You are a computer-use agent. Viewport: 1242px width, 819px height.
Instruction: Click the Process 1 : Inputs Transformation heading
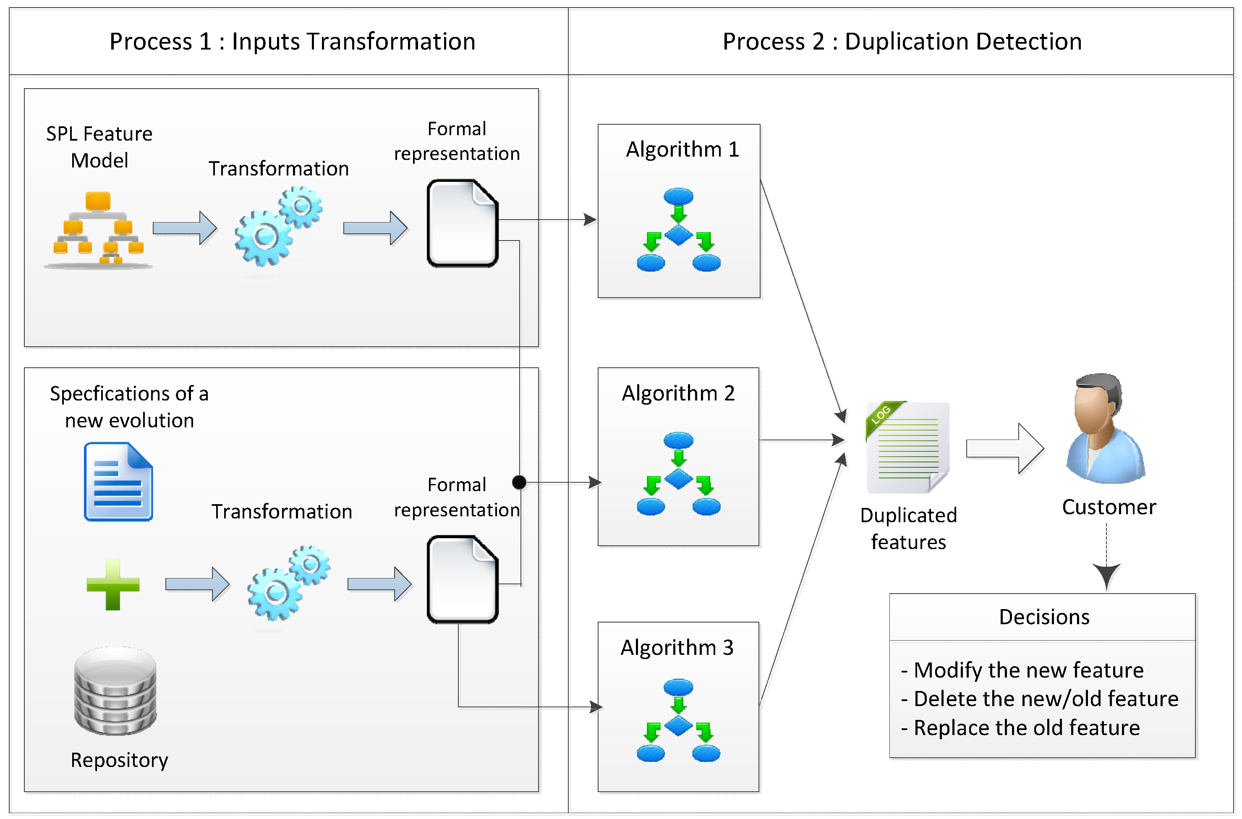tap(292, 41)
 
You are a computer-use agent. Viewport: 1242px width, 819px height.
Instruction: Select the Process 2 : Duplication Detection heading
tap(902, 41)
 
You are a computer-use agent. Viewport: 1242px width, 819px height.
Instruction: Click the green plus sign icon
tap(113, 584)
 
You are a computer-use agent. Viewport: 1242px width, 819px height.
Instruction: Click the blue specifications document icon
tap(118, 481)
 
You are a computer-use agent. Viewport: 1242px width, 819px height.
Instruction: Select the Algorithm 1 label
tap(682, 149)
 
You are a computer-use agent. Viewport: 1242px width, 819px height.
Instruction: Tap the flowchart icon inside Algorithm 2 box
tap(678, 473)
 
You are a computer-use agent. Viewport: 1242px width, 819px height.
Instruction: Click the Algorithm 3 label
tap(677, 647)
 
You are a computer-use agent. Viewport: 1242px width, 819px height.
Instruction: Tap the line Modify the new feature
tap(1028, 670)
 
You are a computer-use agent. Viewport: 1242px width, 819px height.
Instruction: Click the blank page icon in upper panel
tap(462, 224)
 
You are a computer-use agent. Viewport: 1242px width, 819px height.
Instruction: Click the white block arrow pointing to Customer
tap(1004, 448)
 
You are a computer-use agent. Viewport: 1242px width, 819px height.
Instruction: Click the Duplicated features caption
tap(908, 529)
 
